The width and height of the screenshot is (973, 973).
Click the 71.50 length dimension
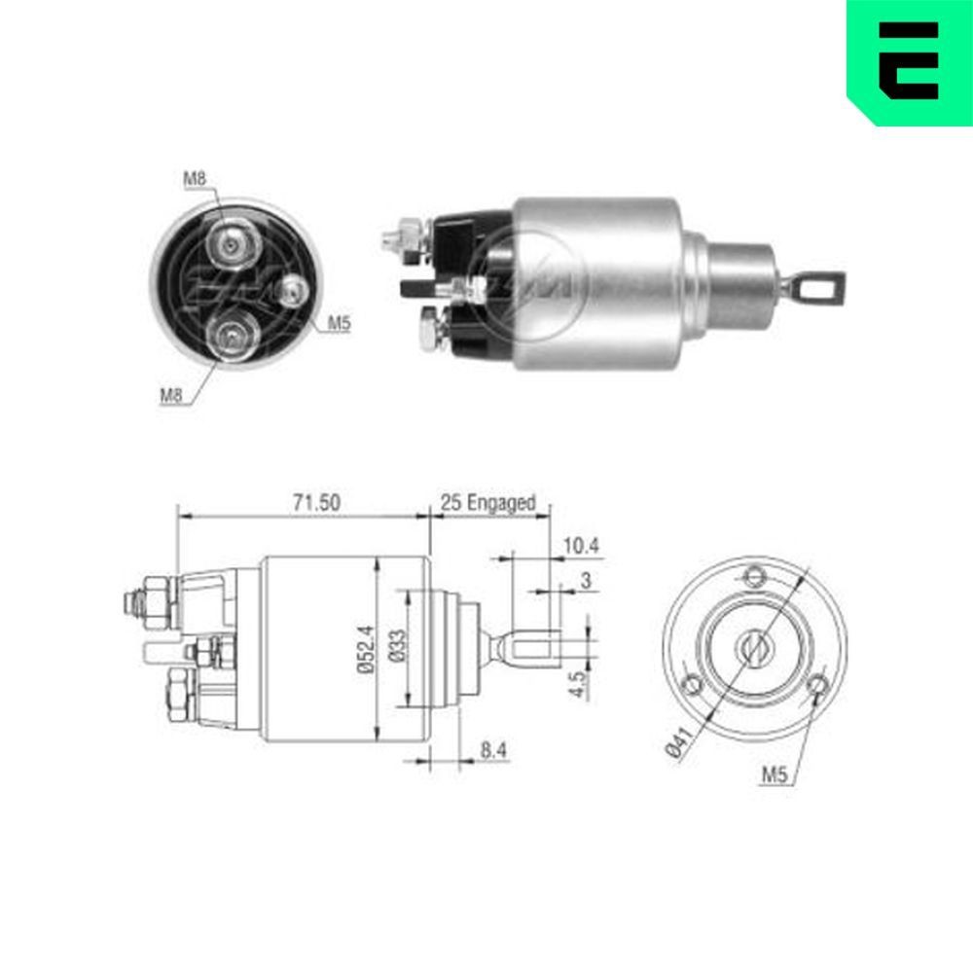pos(316,503)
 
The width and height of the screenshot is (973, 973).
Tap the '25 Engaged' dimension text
pos(487,503)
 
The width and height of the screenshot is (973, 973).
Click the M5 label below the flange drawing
pos(774,775)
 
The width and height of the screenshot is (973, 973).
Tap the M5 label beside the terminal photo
pos(338,324)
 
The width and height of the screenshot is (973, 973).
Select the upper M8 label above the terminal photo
pos(195,178)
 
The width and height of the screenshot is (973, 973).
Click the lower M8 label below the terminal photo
pos(170,394)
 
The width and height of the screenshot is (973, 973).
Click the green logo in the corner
pos(909,60)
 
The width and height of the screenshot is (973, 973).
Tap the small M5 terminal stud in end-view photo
pos(291,288)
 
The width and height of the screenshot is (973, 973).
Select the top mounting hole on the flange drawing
pos(752,575)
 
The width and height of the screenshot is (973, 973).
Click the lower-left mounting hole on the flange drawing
pos(691,685)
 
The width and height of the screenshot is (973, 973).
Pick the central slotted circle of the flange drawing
pos(752,647)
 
